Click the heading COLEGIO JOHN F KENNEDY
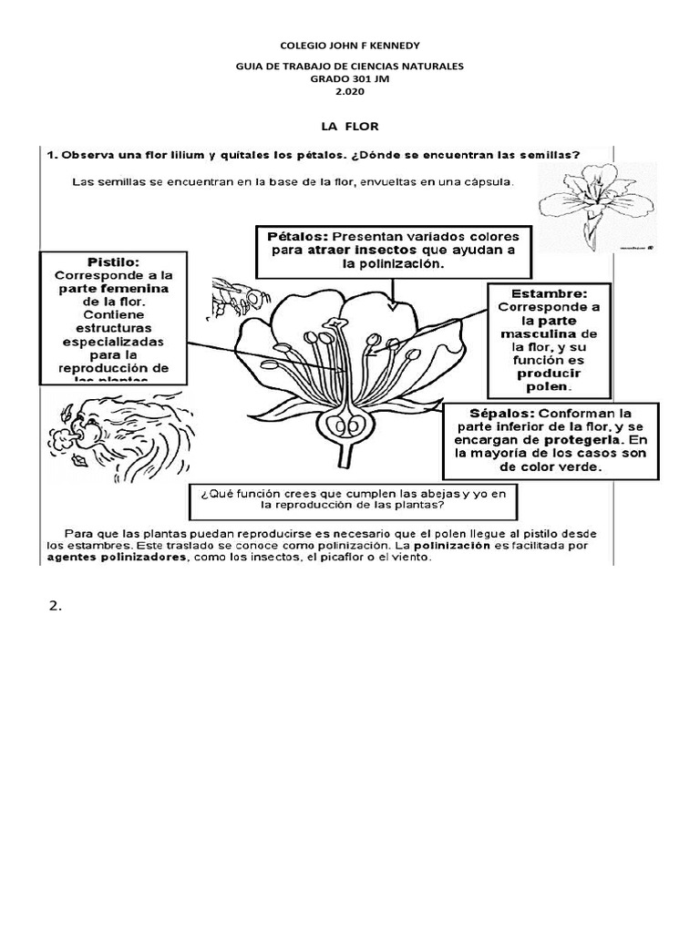click(x=349, y=45)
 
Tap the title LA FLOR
click(x=349, y=125)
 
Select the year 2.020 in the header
click(x=349, y=92)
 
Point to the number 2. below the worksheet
click(x=55, y=608)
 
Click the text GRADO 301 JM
click(x=349, y=79)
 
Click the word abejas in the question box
click(x=427, y=492)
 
